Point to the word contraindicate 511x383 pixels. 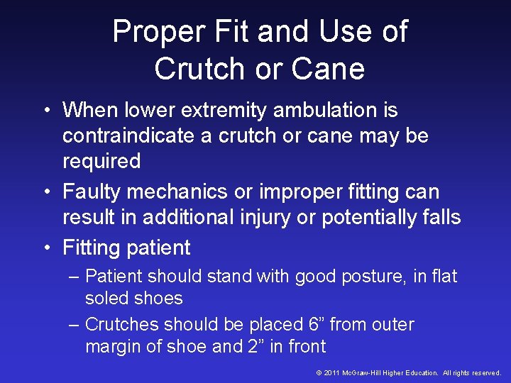point(128,135)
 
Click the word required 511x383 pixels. point(101,162)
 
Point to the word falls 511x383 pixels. point(441,217)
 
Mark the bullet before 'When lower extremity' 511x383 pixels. point(45,111)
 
